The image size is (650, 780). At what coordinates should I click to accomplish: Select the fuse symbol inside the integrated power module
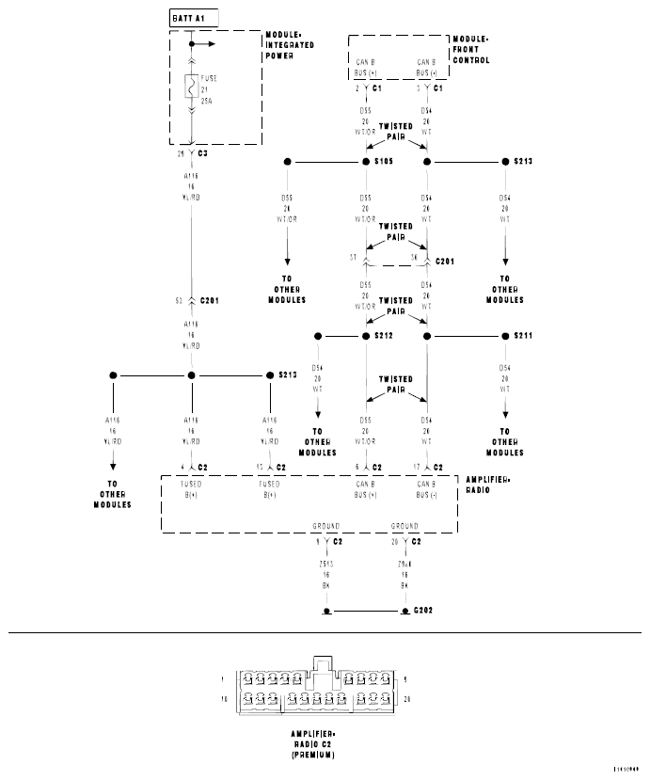click(x=191, y=88)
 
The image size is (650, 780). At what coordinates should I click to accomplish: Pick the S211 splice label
click(x=523, y=336)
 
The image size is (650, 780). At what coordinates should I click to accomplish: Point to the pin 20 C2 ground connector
click(x=405, y=542)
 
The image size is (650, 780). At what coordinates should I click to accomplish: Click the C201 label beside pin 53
click(x=210, y=300)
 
